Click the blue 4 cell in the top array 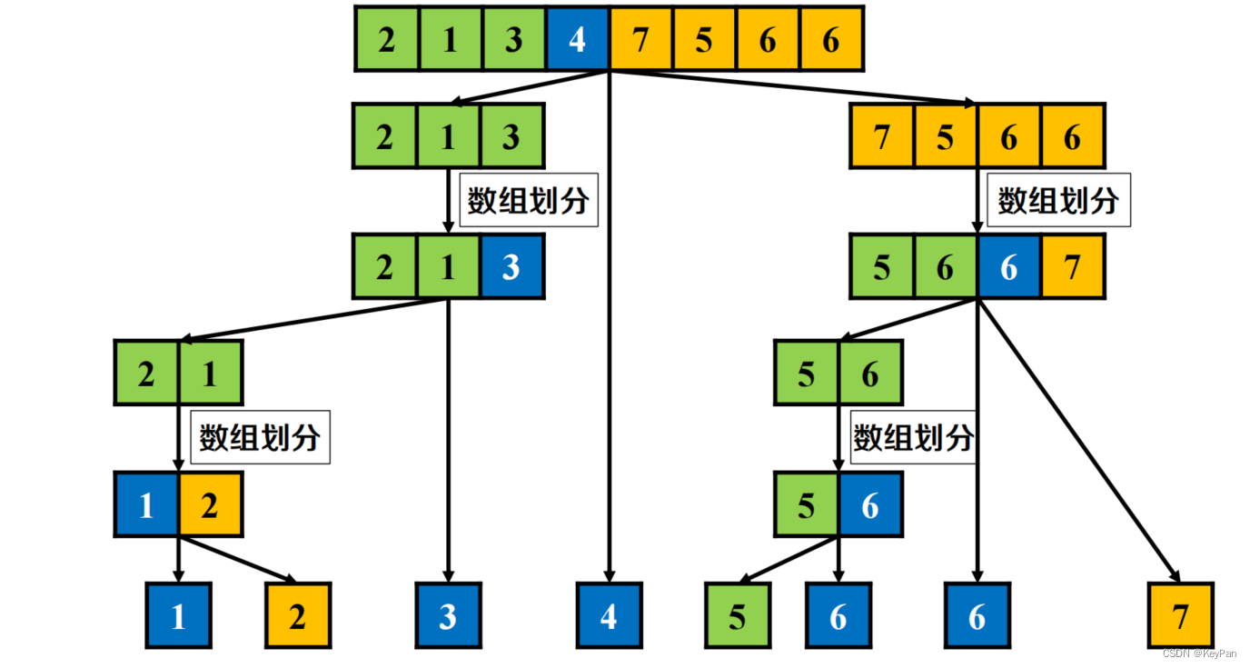coord(577,39)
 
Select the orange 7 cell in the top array coord(640,39)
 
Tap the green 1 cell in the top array coord(450,39)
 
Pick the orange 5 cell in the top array coord(704,39)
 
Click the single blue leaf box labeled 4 coord(609,615)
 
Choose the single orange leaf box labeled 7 coord(1180,615)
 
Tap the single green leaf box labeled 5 coord(738,615)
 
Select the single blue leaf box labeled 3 coord(448,615)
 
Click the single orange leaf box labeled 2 coord(298,615)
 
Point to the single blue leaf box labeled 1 coord(179,615)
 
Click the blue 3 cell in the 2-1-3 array coord(511,266)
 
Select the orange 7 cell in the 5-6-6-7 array coord(1073,266)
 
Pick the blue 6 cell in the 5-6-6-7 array coord(1009,266)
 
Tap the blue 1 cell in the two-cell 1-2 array coord(146,504)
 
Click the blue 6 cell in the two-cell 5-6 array coord(870,504)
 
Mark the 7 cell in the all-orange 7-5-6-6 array coord(881,136)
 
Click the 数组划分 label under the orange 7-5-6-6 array coord(1057,200)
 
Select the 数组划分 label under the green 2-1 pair coord(260,438)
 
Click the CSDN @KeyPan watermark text coord(1199,653)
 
